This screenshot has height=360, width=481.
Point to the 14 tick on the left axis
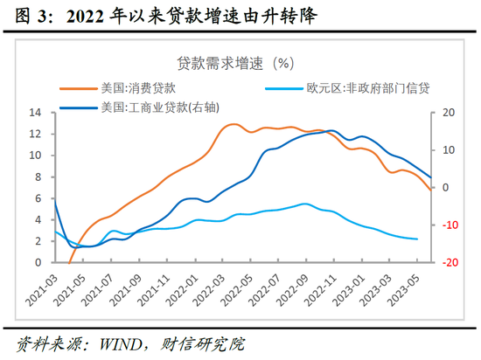pyautogui.click(x=37, y=113)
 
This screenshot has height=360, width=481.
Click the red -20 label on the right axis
pyautogui.click(x=450, y=262)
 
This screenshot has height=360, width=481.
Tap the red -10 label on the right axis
pyautogui.click(x=450, y=225)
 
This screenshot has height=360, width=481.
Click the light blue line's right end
pyautogui.click(x=417, y=239)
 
